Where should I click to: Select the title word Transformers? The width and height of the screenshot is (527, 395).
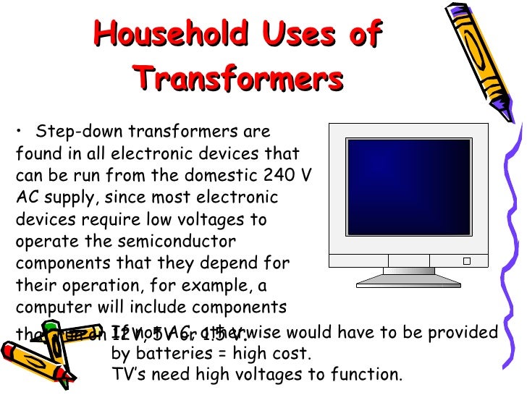click(238, 78)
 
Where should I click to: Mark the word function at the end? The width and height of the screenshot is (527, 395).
click(368, 375)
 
